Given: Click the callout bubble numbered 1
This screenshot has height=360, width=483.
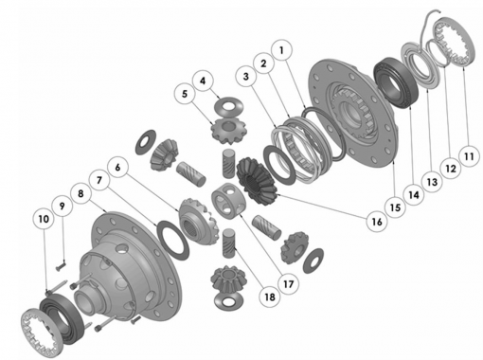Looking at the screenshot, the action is (x=281, y=50).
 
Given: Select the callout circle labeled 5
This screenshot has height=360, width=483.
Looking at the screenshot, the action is (x=185, y=94).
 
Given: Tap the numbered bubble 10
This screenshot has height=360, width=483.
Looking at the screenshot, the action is (x=44, y=219).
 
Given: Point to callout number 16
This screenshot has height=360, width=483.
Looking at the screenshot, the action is (x=377, y=222).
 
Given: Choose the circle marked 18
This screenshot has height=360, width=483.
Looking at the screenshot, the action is (x=269, y=297).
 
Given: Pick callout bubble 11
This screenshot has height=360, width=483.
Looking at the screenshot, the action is (x=469, y=155).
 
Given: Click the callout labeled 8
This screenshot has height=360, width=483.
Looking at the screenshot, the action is (x=80, y=193).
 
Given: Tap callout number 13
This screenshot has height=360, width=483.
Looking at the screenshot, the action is (x=432, y=182).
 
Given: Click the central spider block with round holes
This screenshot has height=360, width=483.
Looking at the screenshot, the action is (x=228, y=201).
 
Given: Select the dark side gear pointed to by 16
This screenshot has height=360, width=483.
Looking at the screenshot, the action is (x=257, y=181).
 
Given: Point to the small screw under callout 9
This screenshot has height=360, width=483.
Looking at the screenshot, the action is (x=61, y=266).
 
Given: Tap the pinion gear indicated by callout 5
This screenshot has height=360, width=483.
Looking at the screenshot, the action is (x=229, y=130).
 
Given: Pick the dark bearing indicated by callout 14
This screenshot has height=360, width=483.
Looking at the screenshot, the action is (x=396, y=82).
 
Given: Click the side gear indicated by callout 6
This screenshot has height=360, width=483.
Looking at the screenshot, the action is (x=198, y=221).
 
